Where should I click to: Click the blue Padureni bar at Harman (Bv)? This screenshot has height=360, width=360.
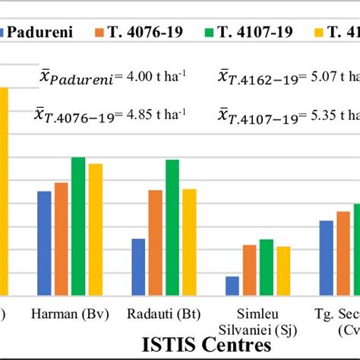44,243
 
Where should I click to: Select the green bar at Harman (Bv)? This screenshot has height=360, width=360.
77,226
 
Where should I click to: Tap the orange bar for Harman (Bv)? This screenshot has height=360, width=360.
61,238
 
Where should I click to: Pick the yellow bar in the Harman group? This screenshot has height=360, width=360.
94,229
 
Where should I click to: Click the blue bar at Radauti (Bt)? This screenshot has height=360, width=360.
138,267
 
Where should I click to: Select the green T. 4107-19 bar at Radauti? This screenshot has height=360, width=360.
172,227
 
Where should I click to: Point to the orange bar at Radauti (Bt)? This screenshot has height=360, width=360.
155,242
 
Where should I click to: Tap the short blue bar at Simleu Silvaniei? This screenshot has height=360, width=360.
232,286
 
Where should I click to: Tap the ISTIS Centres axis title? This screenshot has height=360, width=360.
204,345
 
